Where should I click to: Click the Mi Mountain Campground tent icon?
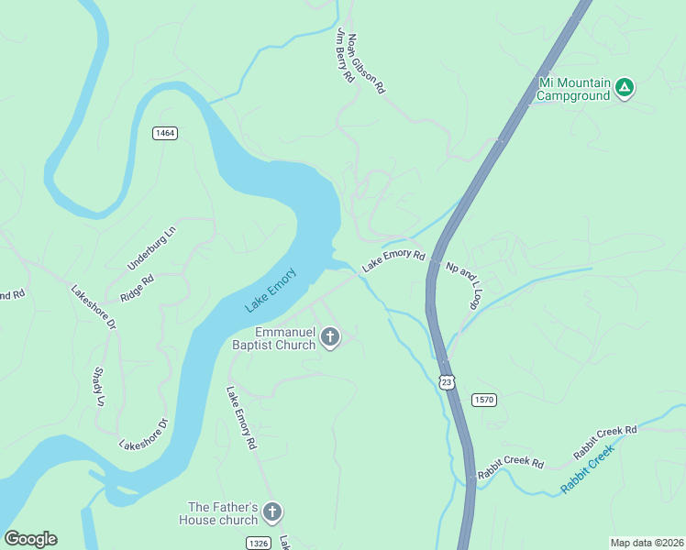624,88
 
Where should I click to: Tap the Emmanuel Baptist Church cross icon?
330,338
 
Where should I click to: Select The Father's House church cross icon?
271,512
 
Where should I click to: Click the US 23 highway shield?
446,381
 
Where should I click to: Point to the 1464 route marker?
165,133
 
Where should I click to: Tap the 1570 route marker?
484,400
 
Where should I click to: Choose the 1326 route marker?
259,543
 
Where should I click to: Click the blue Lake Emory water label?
271,290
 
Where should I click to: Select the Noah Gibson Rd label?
367,65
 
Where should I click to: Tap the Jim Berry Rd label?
346,57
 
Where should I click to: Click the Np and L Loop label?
464,285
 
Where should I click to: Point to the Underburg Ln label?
151,248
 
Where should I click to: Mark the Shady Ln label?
99,387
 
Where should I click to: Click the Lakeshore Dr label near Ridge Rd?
94,307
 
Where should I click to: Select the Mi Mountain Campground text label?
573,89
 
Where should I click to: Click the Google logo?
30,539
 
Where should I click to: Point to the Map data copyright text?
647,543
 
